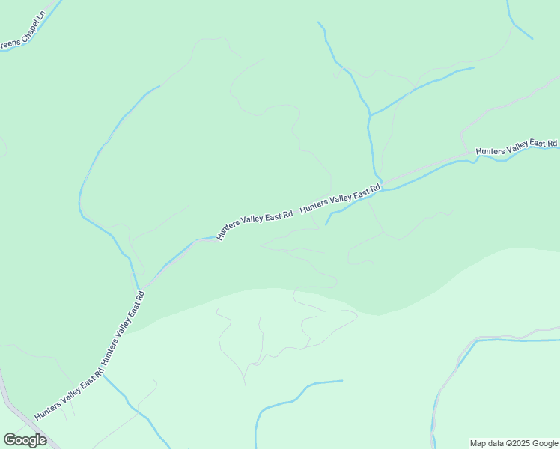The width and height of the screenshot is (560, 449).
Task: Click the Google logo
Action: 25,440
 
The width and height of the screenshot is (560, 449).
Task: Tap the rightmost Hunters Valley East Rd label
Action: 517,147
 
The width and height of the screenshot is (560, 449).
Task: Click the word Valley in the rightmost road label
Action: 517,147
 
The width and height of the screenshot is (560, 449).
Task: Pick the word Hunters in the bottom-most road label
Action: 48,404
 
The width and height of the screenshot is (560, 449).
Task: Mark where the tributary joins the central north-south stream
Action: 370,116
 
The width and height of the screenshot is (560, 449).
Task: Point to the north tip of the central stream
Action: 319,22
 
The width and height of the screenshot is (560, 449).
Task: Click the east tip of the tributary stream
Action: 473,68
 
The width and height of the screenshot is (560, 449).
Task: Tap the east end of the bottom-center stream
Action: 341,381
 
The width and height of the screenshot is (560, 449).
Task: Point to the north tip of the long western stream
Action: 159,87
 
